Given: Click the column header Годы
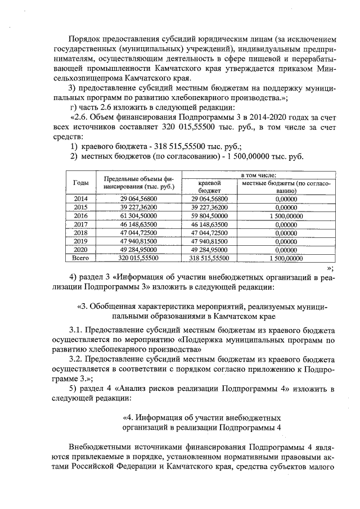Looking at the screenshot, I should (x=80, y=183).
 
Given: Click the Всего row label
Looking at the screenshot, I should (x=80, y=258).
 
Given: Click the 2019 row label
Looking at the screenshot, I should (x=80, y=241).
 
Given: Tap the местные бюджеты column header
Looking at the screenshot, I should (x=286, y=187).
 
